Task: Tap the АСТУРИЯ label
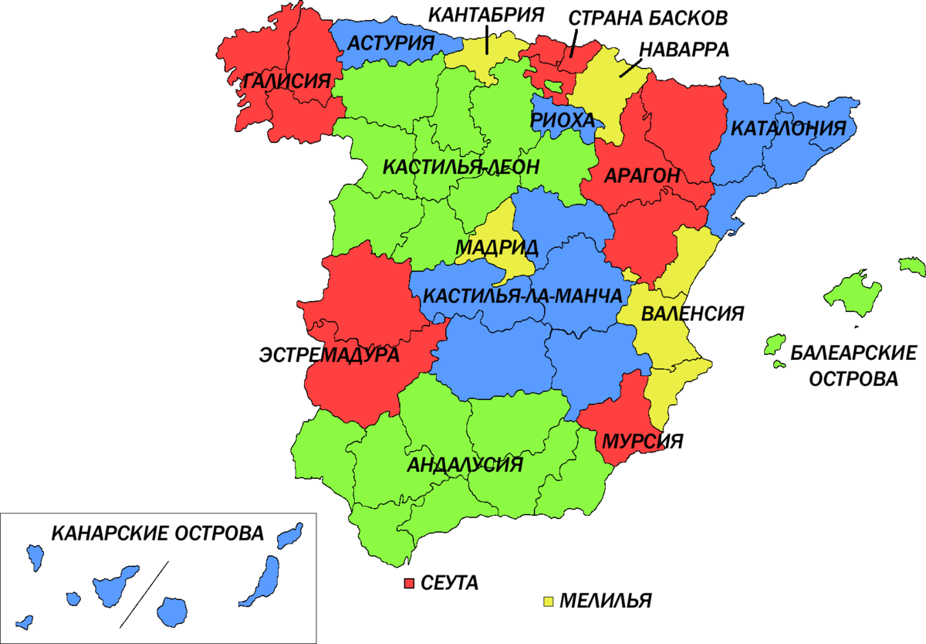click(390, 42)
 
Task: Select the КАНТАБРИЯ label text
click(486, 14)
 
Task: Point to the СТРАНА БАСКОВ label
click(647, 17)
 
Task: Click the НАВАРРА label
click(684, 49)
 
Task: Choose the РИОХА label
click(563, 120)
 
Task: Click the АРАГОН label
click(642, 176)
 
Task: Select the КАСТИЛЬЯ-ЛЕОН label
click(461, 167)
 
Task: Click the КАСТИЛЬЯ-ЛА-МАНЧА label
click(523, 297)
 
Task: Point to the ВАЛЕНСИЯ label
click(692, 314)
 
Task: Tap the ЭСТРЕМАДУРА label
click(329, 354)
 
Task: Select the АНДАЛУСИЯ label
click(465, 465)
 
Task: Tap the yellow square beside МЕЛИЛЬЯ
click(549, 601)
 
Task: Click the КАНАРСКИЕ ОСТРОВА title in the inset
click(157, 533)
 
